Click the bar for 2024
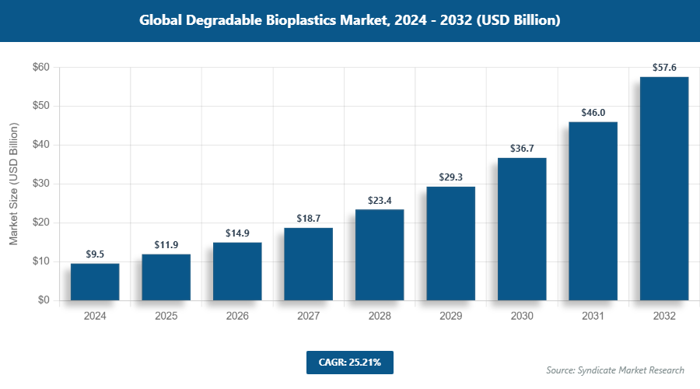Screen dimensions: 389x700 click(95, 282)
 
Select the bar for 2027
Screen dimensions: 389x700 click(308, 264)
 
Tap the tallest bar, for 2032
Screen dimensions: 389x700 click(663, 188)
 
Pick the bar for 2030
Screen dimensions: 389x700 click(522, 229)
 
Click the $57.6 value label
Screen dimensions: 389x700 click(663, 68)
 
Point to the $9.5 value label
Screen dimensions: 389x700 click(95, 254)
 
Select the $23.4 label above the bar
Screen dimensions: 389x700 click(380, 200)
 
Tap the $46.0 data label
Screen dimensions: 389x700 click(593, 113)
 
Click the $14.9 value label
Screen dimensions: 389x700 click(237, 233)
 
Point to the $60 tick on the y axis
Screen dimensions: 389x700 click(41, 68)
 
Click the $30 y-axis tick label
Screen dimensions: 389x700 click(41, 184)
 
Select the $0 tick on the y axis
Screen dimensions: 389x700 click(44, 300)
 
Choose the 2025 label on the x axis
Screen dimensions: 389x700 click(166, 317)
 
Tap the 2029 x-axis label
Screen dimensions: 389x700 click(450, 317)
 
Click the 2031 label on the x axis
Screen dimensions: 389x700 click(593, 317)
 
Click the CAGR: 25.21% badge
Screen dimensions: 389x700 click(350, 362)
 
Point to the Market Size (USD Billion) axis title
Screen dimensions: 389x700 click(13, 184)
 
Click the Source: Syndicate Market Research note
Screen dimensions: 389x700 click(615, 370)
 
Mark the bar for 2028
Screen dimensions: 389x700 click(380, 254)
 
